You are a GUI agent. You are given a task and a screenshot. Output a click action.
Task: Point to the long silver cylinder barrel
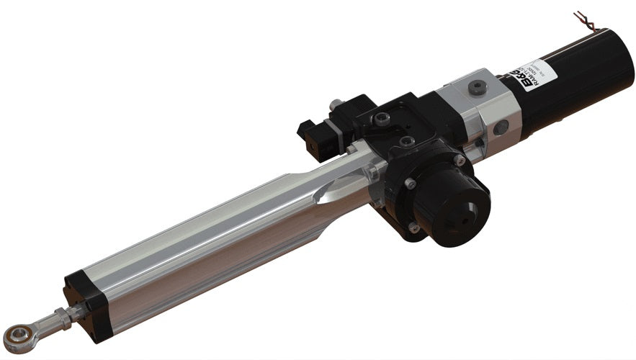(216, 230)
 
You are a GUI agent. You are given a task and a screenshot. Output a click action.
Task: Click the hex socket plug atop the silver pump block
(475, 87)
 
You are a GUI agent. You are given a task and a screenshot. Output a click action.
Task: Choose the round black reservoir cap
(454, 199)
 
